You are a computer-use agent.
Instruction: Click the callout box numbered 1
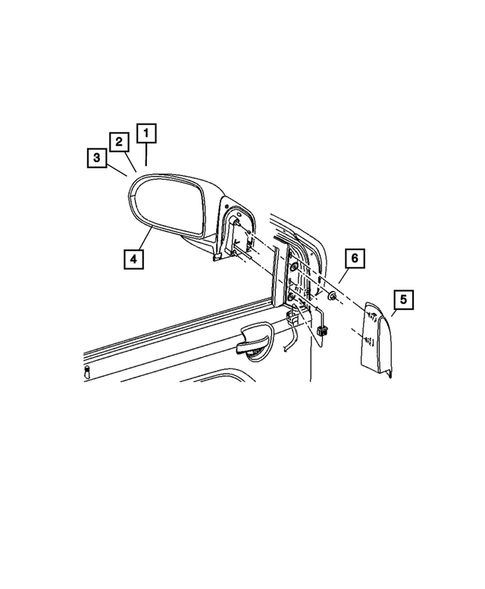coord(147,132)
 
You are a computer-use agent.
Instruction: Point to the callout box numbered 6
coord(353,259)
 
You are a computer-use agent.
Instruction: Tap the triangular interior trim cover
coord(376,335)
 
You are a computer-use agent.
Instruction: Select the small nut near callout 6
coord(332,298)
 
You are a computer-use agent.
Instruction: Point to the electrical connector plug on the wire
coord(323,331)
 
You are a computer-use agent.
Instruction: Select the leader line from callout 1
coord(147,155)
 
